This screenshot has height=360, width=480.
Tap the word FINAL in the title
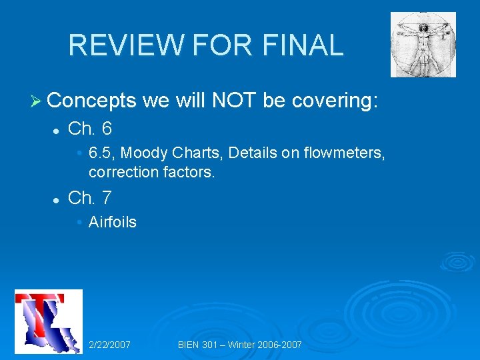click(x=303, y=45)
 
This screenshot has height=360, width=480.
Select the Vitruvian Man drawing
click(x=423, y=45)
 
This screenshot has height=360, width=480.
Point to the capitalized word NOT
click(x=235, y=101)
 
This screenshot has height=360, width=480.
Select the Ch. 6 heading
click(x=90, y=127)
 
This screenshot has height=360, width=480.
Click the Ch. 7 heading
click(x=90, y=198)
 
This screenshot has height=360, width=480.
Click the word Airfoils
click(x=112, y=222)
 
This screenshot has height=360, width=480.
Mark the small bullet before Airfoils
click(x=80, y=223)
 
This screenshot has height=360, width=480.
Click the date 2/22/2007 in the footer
click(x=109, y=345)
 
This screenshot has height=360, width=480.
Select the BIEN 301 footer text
click(x=240, y=345)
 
